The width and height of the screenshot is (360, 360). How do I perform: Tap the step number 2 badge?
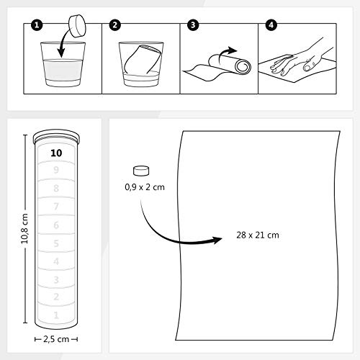(114, 27)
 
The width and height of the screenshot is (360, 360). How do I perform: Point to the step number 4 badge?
(270, 27)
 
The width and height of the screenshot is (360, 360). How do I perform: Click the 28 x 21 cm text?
(257, 234)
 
